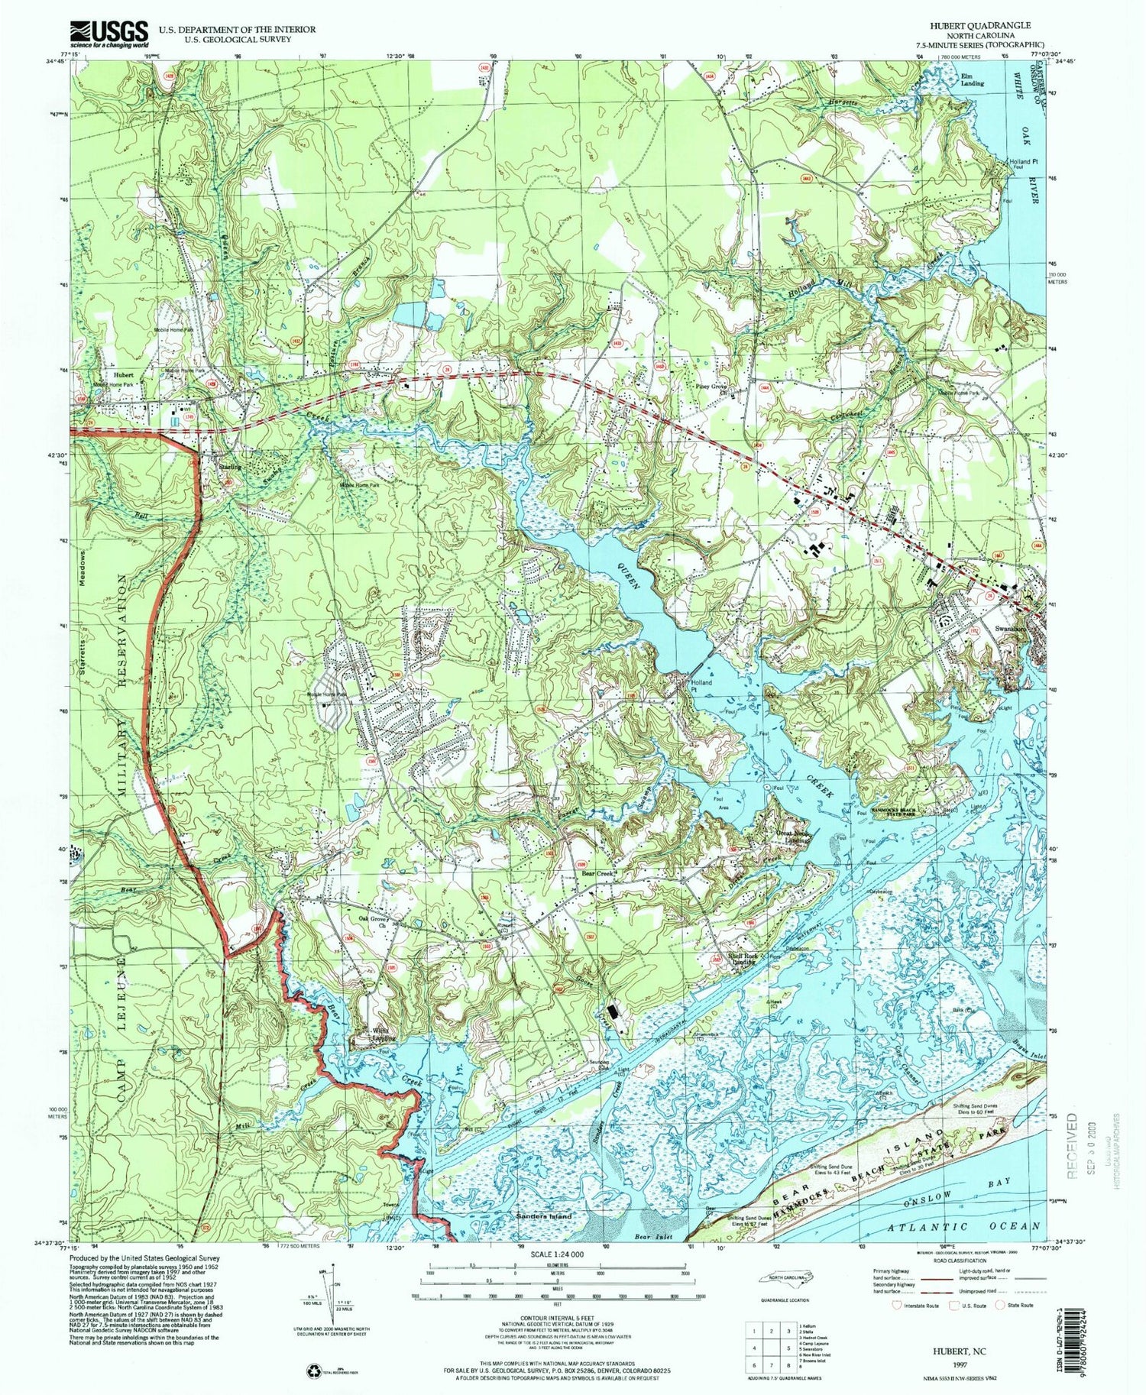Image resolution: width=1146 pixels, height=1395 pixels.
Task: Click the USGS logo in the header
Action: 108,34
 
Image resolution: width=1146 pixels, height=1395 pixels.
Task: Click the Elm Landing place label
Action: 972,79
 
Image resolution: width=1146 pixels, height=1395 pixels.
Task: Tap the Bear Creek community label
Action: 598,872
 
